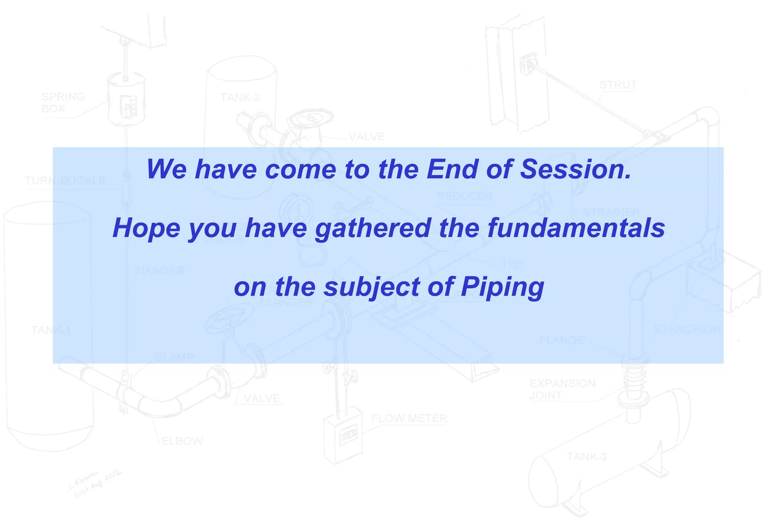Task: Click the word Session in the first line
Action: (575, 169)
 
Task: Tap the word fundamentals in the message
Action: (576, 228)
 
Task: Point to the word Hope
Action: (146, 228)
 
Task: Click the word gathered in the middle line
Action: (373, 228)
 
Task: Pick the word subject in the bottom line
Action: (371, 287)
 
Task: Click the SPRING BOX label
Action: (63, 103)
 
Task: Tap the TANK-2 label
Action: (240, 98)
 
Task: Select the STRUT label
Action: (618, 85)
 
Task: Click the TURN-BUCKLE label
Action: (65, 181)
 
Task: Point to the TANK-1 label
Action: (51, 330)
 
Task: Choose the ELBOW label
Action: (182, 441)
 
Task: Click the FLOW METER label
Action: (409, 418)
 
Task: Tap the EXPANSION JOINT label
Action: (562, 389)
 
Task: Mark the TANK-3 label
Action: (586, 457)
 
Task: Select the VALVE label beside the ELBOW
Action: (261, 398)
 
